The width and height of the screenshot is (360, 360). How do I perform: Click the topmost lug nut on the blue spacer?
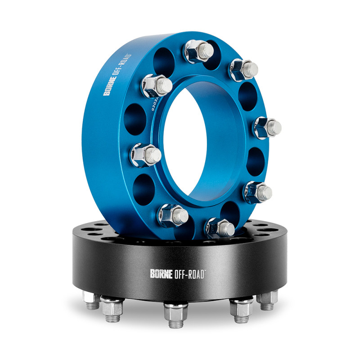click(x=198, y=50)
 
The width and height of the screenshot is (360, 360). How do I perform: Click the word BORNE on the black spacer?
click(x=160, y=273)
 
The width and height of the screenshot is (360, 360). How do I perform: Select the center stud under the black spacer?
click(x=176, y=312)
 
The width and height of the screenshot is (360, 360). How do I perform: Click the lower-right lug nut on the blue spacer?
click(x=258, y=192)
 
